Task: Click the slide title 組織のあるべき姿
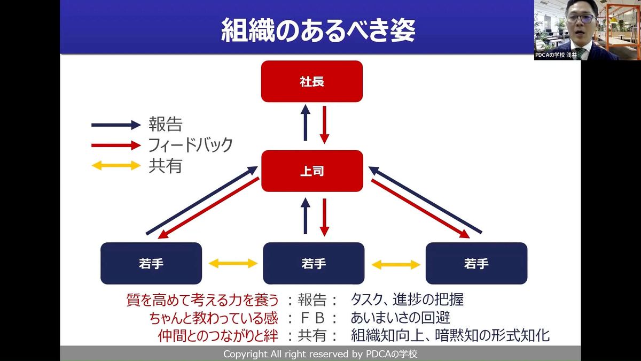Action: (x=318, y=31)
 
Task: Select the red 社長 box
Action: (x=312, y=82)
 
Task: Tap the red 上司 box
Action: (x=312, y=171)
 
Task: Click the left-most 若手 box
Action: (x=151, y=263)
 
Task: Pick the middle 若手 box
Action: (x=314, y=263)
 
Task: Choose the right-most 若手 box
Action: (x=476, y=263)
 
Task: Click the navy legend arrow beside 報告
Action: (x=116, y=125)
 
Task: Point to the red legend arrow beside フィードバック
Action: (x=116, y=145)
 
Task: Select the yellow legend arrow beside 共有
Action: (x=116, y=165)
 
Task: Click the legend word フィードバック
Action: (x=191, y=145)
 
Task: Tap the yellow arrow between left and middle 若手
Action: (x=233, y=263)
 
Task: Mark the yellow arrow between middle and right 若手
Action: (x=396, y=264)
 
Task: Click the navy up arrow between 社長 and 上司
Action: (x=306, y=122)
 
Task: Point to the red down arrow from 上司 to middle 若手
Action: (x=324, y=216)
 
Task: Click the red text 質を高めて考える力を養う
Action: (x=202, y=299)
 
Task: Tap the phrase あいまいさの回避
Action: (x=400, y=318)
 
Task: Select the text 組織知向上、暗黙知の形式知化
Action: (x=450, y=336)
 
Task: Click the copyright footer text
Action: (x=320, y=354)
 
